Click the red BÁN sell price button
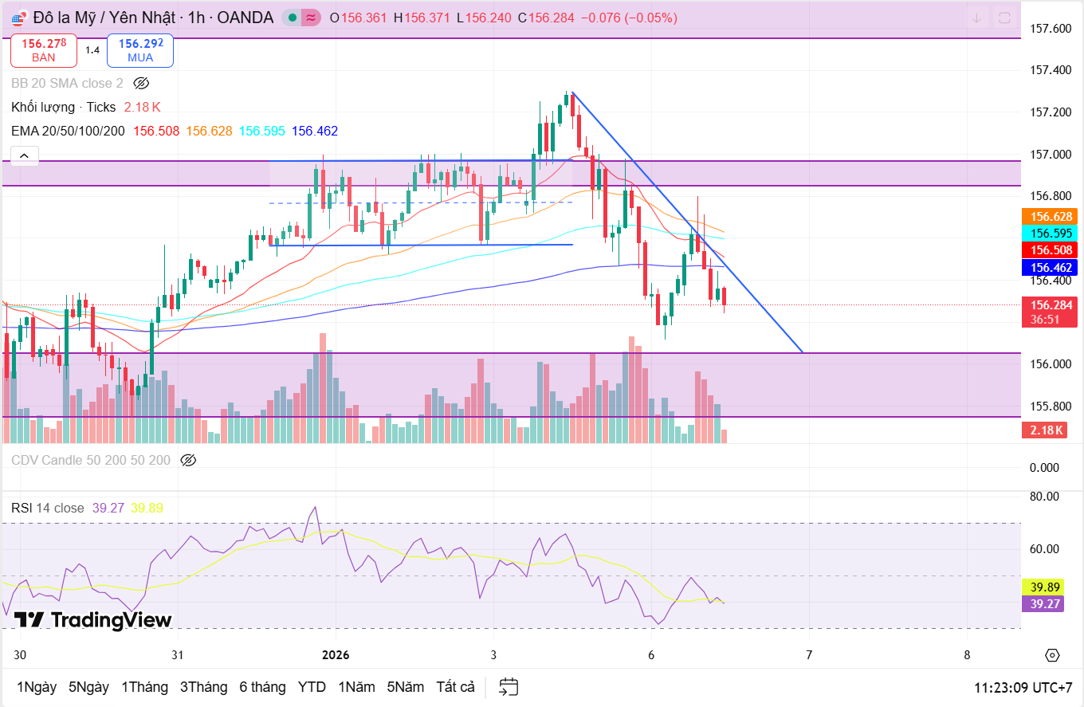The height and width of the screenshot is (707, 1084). click(44, 50)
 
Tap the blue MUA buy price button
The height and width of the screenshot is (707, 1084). click(140, 50)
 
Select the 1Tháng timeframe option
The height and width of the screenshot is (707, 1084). click(144, 687)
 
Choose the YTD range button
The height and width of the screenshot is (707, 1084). click(312, 687)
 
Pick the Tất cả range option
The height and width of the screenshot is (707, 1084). click(455, 687)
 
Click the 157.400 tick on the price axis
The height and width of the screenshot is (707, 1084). click(1051, 70)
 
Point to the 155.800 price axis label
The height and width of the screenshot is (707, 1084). click(1051, 406)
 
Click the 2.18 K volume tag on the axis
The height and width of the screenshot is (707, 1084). click(1047, 430)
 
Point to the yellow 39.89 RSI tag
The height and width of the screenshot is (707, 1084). click(1043, 587)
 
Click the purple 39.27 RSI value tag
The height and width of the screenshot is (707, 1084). click(1043, 604)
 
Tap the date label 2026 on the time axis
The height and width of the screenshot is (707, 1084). click(335, 655)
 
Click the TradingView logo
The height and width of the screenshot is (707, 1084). click(93, 620)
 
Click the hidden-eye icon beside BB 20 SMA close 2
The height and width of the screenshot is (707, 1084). click(141, 83)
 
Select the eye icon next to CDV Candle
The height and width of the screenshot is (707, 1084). click(188, 460)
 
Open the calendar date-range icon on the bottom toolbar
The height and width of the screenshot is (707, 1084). click(509, 687)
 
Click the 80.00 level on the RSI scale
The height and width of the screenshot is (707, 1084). click(1044, 496)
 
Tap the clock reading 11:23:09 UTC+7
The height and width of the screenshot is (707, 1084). click(1023, 687)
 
